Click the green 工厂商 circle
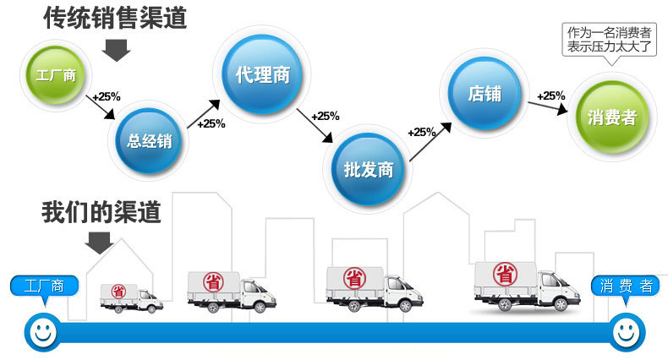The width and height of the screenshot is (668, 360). click(x=57, y=75)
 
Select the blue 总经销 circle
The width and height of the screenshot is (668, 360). click(x=150, y=139)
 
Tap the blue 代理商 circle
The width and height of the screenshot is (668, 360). click(x=262, y=74)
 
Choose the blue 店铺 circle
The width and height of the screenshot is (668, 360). click(x=485, y=92)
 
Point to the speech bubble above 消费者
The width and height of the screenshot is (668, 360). click(x=609, y=40)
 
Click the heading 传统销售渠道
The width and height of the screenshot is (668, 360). click(x=115, y=17)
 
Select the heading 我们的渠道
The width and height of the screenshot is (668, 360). click(x=101, y=212)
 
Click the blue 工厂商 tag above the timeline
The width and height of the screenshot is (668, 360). click(x=47, y=286)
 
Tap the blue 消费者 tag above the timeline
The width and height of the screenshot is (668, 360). click(x=624, y=286)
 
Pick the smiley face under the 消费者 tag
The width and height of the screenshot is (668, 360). click(x=625, y=332)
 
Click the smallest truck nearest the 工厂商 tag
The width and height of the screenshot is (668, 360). click(x=131, y=297)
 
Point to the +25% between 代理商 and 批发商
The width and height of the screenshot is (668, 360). click(x=326, y=116)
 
